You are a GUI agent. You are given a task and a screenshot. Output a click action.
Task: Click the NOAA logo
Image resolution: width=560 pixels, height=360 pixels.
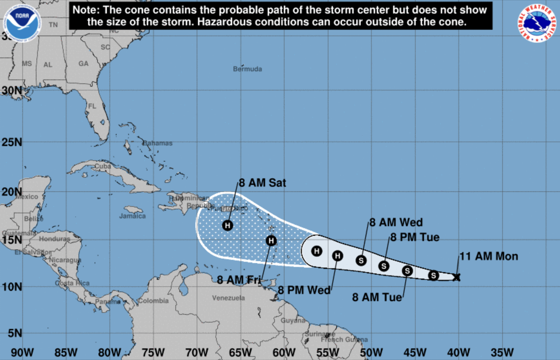pyautogui.click(x=22, y=22)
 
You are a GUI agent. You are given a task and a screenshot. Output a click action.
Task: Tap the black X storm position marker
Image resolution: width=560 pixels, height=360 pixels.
pyautogui.click(x=456, y=277)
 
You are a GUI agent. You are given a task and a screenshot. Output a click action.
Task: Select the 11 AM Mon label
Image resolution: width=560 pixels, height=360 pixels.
pyautogui.click(x=488, y=256)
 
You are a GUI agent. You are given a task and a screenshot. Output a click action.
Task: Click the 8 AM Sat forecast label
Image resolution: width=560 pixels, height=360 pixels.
pyautogui.click(x=262, y=183)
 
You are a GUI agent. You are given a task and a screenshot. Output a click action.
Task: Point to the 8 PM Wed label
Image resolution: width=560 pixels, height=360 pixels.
pyautogui.click(x=304, y=290)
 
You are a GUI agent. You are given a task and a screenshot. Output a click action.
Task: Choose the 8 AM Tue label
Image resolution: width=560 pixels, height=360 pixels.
pyautogui.click(x=377, y=297)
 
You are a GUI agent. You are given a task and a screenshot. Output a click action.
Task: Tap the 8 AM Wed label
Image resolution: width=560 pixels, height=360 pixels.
pyautogui.click(x=396, y=222)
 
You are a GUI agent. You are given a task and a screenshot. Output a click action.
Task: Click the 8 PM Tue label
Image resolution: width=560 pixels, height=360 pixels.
pyautogui.click(x=415, y=237)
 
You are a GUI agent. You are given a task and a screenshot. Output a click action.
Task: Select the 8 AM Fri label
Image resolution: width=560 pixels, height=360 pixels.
pyautogui.click(x=239, y=280)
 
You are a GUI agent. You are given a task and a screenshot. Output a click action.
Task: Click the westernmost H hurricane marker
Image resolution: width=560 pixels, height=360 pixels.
pyautogui.click(x=228, y=225)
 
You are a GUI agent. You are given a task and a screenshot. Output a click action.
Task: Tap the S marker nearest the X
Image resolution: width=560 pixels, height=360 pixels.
pyautogui.click(x=433, y=275)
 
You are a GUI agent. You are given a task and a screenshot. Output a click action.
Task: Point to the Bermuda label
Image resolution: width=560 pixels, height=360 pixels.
pyautogui.click(x=247, y=69)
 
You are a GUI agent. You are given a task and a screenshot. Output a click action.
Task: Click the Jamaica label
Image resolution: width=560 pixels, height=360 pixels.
pyautogui.click(x=132, y=216)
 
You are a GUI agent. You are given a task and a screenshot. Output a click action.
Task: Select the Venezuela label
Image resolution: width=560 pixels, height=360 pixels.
pyautogui.click(x=228, y=298)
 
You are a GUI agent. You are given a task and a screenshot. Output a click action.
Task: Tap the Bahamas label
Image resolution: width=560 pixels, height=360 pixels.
pyautogui.click(x=158, y=143)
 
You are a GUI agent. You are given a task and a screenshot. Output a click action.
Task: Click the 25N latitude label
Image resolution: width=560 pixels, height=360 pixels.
pyautogui.click(x=12, y=142)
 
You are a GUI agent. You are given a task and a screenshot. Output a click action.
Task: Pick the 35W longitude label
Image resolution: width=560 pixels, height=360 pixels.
pyautogui.click(x=502, y=352)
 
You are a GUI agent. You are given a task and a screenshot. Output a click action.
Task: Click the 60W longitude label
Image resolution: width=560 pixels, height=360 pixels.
pyautogui.click(x=284, y=352)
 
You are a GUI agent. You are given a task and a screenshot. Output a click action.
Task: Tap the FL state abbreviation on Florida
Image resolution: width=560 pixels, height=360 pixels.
pyautogui.click(x=92, y=106)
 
